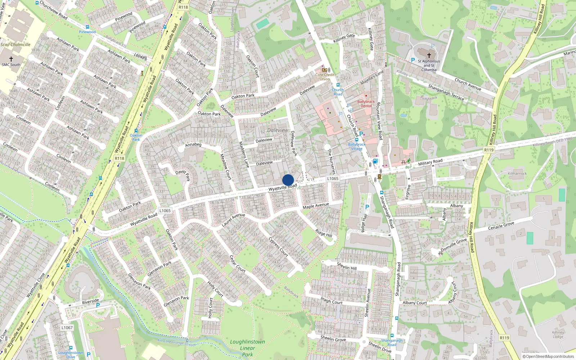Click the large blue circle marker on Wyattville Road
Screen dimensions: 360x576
tap(288, 180)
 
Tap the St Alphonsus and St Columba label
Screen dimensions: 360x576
tap(429, 66)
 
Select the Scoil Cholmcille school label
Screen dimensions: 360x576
tap(15, 45)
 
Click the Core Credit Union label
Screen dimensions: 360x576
tap(325, 77)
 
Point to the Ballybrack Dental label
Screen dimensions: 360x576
tap(366, 104)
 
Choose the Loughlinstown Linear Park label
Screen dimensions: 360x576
tap(247, 348)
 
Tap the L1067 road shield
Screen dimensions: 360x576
tap(67, 328)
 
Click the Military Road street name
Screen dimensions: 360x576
tap(430, 162)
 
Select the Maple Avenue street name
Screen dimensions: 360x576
tap(316, 206)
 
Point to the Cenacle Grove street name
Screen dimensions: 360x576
tap(501, 226)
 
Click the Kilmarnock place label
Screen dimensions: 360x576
tap(517, 174)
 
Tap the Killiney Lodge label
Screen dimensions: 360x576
tap(558, 335)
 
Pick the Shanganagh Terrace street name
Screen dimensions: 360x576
tap(446, 92)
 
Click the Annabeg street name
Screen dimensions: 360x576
tap(193, 145)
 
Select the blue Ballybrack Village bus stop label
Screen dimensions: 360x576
tap(357, 147)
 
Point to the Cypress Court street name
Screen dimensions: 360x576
tap(278, 247)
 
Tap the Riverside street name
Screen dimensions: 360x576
tap(90, 301)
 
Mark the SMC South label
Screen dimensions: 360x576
tap(11, 65)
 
